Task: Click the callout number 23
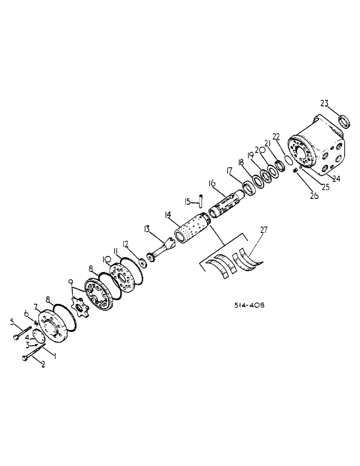(324, 104)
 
